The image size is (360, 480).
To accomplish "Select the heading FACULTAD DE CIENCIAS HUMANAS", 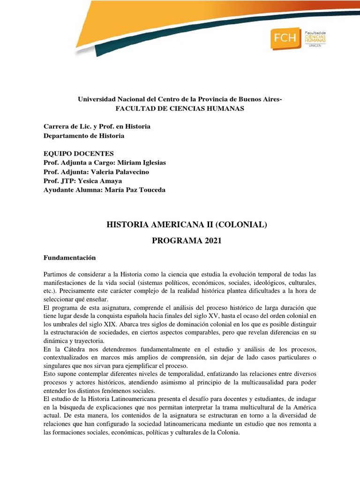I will [180, 109].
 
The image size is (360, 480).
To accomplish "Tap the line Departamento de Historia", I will [84, 136].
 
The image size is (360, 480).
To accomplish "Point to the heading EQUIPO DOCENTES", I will [78, 154].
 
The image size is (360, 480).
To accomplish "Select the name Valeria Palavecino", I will [124, 172].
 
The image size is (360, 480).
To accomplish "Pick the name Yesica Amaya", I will [106, 180].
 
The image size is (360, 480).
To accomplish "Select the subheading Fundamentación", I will [69, 258].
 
